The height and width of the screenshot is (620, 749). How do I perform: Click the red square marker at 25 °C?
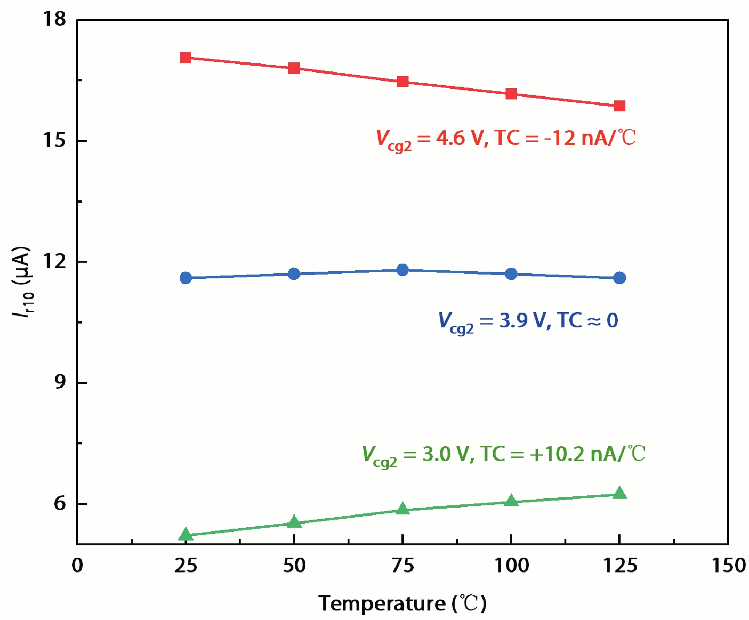pyautogui.click(x=185, y=58)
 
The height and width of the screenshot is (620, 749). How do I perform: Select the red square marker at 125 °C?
pyautogui.click(x=619, y=106)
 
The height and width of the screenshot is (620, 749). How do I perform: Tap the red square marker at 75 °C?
pyautogui.click(x=402, y=81)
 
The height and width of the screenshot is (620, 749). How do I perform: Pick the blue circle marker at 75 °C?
pyautogui.click(x=402, y=270)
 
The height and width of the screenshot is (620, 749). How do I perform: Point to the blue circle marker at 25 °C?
pyautogui.click(x=185, y=278)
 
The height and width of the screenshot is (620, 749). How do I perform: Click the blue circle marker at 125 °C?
pyautogui.click(x=619, y=278)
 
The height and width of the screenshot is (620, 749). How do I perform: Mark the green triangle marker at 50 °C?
pyautogui.click(x=294, y=522)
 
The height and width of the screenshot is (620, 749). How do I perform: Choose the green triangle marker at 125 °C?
pyautogui.click(x=619, y=493)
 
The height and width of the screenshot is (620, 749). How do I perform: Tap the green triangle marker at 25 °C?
pyautogui.click(x=185, y=535)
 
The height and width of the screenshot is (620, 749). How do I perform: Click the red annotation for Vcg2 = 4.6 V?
pyautogui.click(x=506, y=139)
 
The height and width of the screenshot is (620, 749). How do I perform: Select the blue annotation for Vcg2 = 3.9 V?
pyautogui.click(x=528, y=321)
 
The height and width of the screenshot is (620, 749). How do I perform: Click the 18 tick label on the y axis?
pyautogui.click(x=54, y=19)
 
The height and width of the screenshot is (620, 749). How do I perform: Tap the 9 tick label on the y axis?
pyautogui.click(x=60, y=382)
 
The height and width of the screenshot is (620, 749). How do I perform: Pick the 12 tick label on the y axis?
pyautogui.click(x=54, y=261)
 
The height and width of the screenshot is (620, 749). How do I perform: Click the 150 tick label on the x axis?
pyautogui.click(x=728, y=566)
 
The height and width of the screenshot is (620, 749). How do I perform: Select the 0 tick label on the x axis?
pyautogui.click(x=77, y=566)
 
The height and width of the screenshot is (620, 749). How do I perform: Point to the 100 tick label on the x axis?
pyautogui.click(x=511, y=566)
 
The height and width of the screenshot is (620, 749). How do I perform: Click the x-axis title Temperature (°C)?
pyautogui.click(x=402, y=603)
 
